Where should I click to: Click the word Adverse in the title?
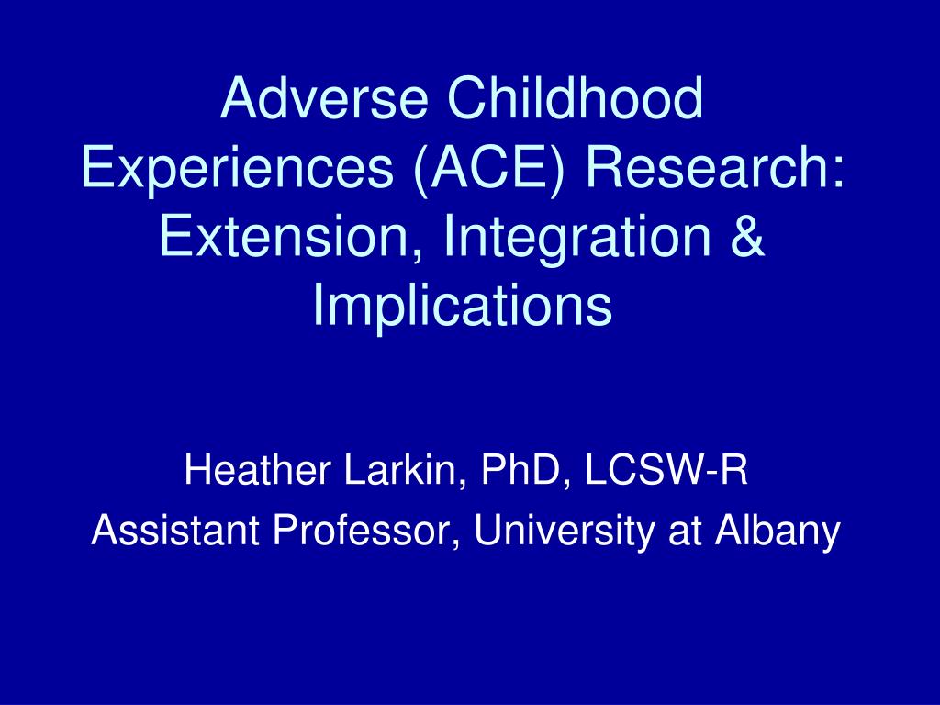(324, 97)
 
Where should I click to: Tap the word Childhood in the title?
(575, 97)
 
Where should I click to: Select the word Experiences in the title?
(238, 167)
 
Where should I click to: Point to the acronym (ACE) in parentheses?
(489, 167)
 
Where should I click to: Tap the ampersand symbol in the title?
(747, 236)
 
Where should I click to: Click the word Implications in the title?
(463, 306)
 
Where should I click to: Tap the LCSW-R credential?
(666, 470)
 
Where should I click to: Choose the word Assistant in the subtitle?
(175, 530)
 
